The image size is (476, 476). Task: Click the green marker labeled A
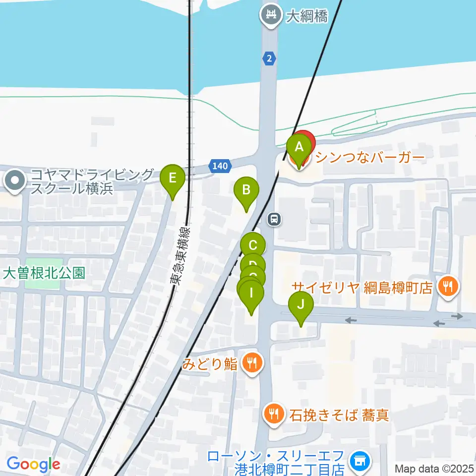tap(299, 147)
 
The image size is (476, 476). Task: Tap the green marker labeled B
tap(246, 189)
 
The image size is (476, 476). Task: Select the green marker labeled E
tap(173, 178)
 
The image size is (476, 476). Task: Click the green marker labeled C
tap(253, 245)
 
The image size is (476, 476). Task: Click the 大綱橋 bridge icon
tap(271, 16)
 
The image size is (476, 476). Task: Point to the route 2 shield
tap(269, 59)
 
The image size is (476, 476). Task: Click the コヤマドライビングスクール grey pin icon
tap(16, 181)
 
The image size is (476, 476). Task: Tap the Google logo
tap(33, 465)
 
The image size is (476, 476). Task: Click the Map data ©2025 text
tap(434, 468)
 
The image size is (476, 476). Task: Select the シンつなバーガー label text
tap(370, 158)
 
